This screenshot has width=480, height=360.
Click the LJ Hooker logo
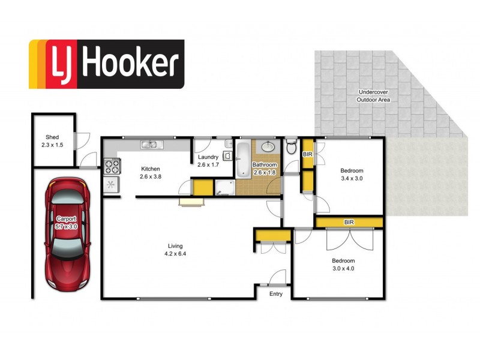tap(106, 64)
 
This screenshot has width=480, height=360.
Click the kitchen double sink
tap(149, 144)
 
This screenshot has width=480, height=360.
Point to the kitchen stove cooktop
tap(112, 164)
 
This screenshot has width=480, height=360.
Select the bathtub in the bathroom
tap(242, 159)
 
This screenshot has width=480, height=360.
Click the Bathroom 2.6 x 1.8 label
tap(265, 168)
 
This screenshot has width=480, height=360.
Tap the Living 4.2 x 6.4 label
tap(175, 250)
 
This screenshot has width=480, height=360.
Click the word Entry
tap(276, 293)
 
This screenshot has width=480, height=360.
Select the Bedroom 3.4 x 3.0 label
tap(352, 175)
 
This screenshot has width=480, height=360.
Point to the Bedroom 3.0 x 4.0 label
tap(344, 265)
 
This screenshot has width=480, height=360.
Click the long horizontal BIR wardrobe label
tap(349, 223)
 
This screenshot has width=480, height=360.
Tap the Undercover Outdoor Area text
tap(374, 95)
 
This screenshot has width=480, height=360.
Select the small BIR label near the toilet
tap(307, 154)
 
